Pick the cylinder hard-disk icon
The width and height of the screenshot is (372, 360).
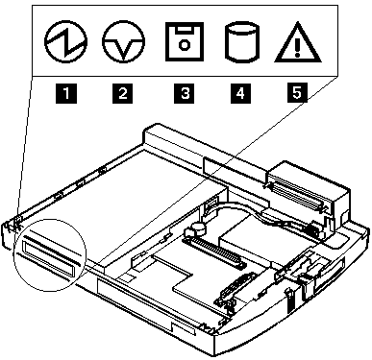(x=239, y=45)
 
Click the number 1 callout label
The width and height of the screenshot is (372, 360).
(x=64, y=93)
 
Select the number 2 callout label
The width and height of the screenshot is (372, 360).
(x=122, y=93)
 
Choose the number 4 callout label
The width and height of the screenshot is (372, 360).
(x=239, y=93)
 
